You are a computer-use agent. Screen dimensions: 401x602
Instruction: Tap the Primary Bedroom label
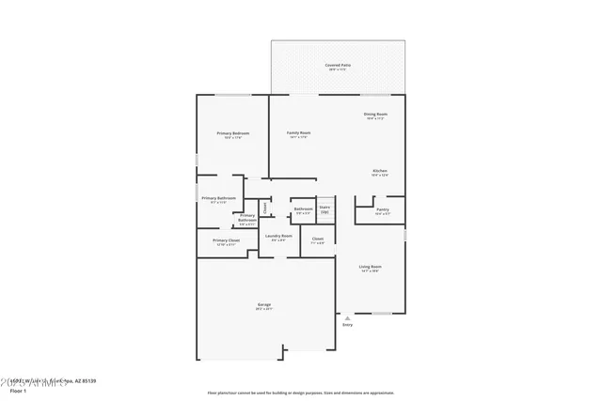coord(233,133)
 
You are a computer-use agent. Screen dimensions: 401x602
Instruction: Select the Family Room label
coord(299,133)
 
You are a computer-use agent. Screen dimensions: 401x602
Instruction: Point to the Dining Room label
coord(376,115)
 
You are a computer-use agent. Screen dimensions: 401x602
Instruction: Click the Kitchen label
coord(379,171)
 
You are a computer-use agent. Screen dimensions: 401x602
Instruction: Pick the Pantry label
coord(382,210)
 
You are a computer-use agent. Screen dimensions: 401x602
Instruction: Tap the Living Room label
coord(370,268)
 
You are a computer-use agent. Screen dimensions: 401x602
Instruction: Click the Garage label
coord(264,305)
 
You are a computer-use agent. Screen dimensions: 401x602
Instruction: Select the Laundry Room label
coord(278,236)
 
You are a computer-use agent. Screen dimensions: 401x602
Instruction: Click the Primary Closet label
coord(226,240)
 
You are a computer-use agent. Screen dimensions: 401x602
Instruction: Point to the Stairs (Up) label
coord(325,209)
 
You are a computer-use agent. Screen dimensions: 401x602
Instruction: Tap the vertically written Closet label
coord(265,208)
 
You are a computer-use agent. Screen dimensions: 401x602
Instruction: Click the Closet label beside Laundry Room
coord(318,239)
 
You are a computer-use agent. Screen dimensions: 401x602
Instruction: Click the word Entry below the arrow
coord(347,325)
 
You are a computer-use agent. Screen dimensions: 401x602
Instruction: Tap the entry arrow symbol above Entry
coord(347,317)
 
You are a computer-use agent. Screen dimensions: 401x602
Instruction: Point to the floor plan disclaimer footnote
coord(301,392)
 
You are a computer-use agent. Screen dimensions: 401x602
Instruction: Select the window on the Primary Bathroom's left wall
coord(197,193)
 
